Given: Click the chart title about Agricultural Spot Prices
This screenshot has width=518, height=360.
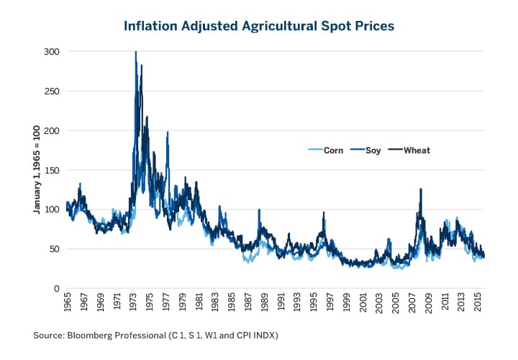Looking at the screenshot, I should click(x=259, y=27).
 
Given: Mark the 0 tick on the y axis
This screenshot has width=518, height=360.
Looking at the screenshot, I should click(x=54, y=288).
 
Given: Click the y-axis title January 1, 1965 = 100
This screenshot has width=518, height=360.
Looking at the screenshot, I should click(x=34, y=169).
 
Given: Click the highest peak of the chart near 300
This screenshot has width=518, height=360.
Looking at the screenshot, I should click(x=136, y=53).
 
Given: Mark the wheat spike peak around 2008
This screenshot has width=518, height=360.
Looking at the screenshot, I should click(x=421, y=189).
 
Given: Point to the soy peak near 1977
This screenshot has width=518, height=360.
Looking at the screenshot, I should click(x=168, y=132).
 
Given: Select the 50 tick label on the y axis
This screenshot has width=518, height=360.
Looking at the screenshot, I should click(x=52, y=249).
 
